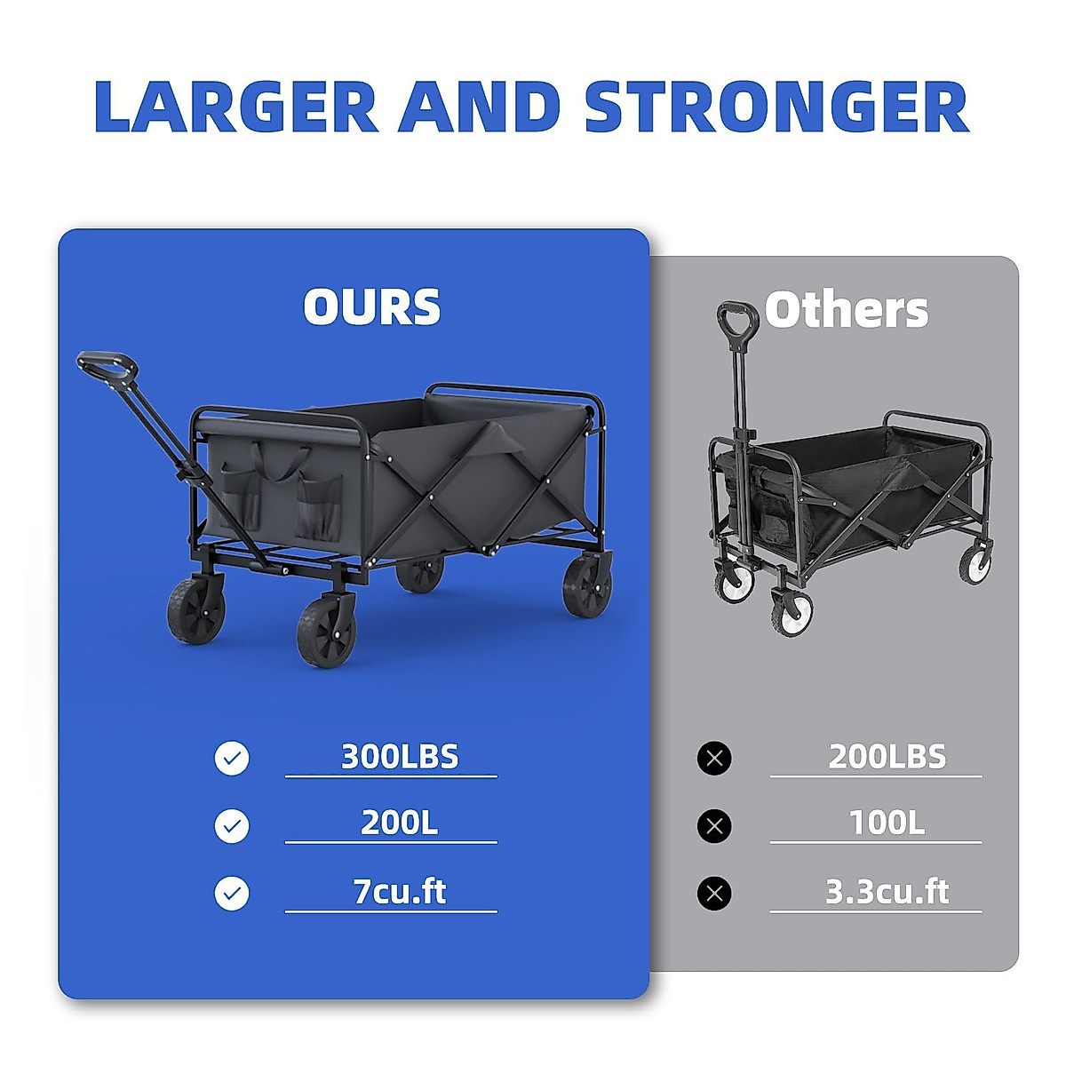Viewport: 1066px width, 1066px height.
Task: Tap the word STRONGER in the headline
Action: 777,107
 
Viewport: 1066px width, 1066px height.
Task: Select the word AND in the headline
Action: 479,107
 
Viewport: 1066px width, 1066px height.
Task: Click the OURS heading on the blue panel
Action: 371,306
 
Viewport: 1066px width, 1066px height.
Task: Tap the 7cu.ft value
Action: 400,891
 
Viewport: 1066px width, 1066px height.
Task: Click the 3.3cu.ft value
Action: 887,891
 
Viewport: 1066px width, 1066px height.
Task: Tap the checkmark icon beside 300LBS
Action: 232,758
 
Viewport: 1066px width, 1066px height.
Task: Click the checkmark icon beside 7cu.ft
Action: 232,893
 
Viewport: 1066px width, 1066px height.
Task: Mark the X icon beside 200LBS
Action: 714,758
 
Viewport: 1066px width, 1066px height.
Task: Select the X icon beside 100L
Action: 714,826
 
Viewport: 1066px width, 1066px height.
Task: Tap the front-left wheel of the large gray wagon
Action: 195,611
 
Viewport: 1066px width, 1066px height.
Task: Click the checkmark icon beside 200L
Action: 232,826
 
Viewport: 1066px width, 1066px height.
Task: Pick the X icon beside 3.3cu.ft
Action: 714,893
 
